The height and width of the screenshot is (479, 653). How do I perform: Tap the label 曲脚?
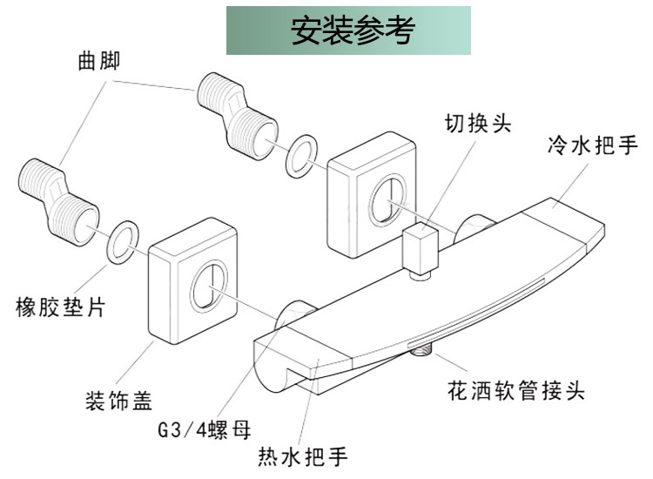click(x=98, y=61)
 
